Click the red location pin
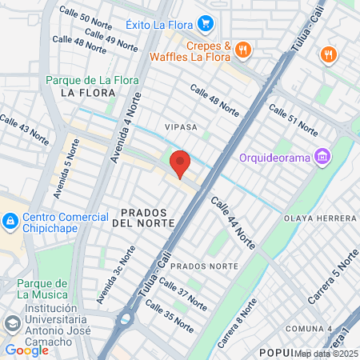click(180, 164)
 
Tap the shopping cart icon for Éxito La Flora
click(206, 23)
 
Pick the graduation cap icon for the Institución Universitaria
click(12, 323)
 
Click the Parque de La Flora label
click(92, 80)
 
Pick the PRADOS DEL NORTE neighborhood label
click(146, 217)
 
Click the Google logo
click(26, 350)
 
